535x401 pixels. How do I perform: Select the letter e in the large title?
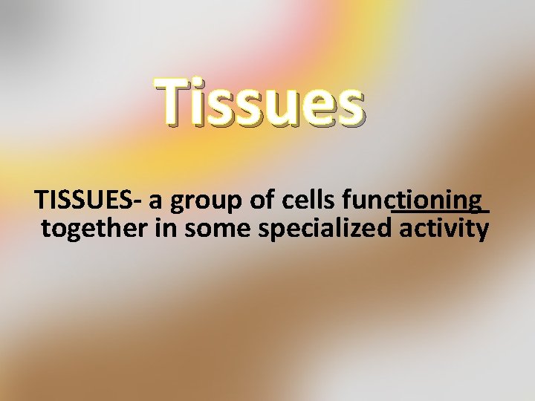pos(318,108)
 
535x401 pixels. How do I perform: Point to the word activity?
pos(444,229)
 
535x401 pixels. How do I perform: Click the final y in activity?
pos(481,232)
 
